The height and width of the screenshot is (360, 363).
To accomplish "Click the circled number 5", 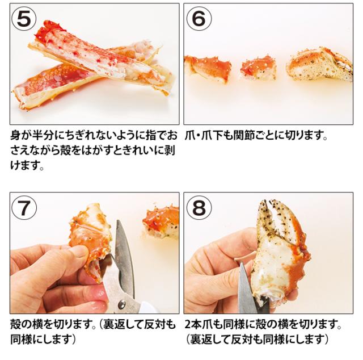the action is point(24,18).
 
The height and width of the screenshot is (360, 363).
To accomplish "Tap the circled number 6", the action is point(199,18).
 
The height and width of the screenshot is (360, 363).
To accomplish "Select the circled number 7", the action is point(24,207).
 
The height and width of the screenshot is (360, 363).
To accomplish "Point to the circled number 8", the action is point(199,207).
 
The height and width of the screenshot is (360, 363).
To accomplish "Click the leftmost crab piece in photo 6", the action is point(208,68).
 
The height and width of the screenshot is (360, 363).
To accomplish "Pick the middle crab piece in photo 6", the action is point(258,68).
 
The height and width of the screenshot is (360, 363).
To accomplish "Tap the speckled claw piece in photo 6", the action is point(319,64).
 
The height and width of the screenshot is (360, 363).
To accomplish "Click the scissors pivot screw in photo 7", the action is point(123,304).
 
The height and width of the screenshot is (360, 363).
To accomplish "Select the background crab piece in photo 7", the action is point(162,222).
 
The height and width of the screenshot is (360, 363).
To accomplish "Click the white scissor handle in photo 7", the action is point(148,307).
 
